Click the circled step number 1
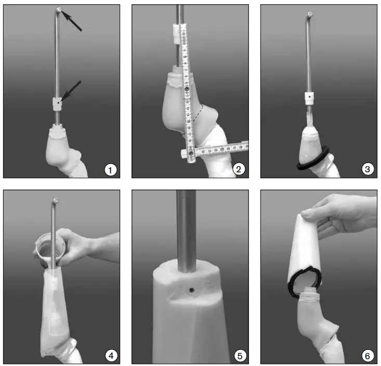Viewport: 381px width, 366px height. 110,169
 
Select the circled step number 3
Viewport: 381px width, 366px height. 367,169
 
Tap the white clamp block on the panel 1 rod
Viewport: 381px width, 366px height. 57,103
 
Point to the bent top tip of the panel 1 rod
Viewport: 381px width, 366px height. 60,10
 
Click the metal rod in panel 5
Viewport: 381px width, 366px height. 186,228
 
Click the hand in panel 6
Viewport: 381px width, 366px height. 343,213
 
